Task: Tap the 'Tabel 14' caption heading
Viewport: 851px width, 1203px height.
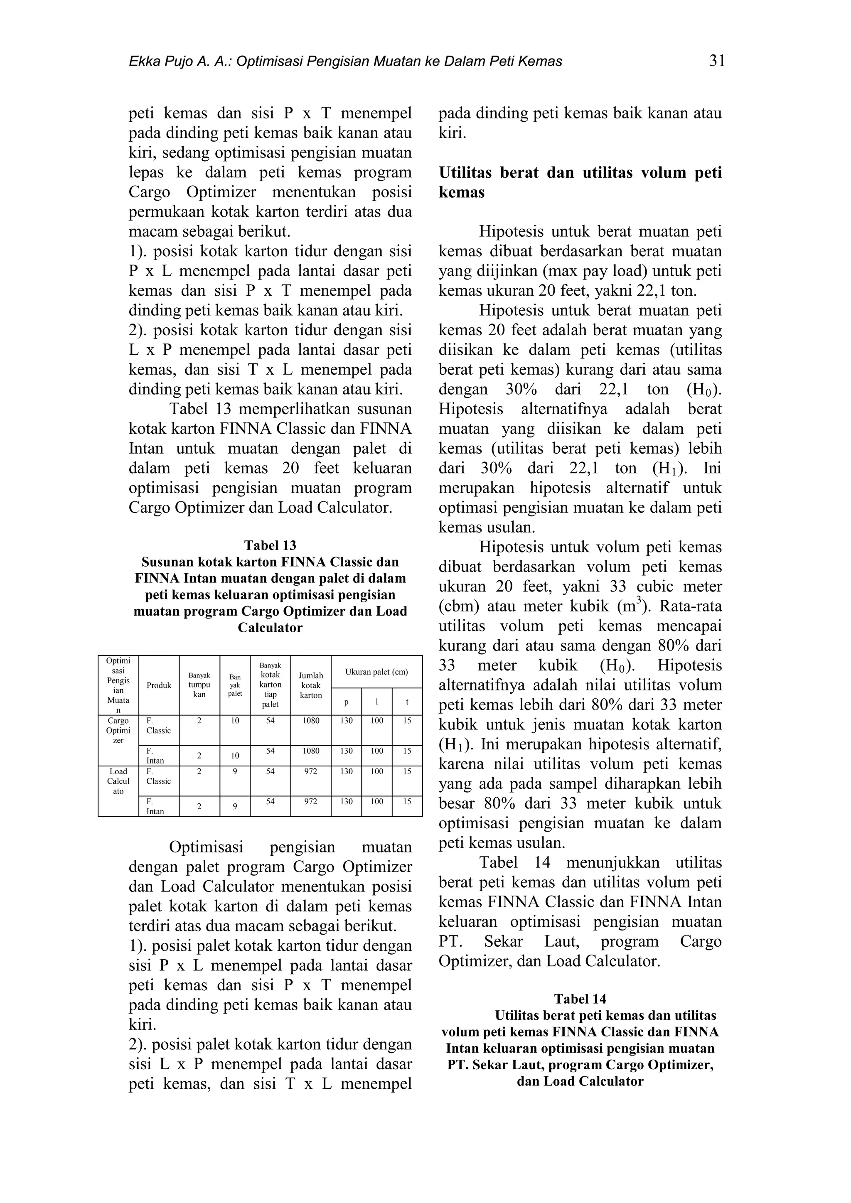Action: coord(580,999)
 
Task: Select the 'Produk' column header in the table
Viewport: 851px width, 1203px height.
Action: coord(159,685)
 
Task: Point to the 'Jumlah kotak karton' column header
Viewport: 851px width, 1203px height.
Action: coord(311,685)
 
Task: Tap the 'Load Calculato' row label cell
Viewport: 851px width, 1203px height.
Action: coord(118,781)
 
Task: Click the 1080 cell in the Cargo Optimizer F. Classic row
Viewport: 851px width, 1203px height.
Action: coord(311,721)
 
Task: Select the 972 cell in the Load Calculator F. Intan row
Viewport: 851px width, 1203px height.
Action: coord(311,802)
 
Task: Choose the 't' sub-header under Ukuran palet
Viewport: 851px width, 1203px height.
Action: coord(407,702)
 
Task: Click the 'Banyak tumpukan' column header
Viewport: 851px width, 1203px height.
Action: coord(199,685)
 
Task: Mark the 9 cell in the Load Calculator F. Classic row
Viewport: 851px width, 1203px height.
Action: coord(235,772)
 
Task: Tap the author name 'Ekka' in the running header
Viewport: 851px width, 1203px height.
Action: coord(143,62)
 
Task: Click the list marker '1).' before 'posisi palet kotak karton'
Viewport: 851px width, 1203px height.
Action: coord(139,946)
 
